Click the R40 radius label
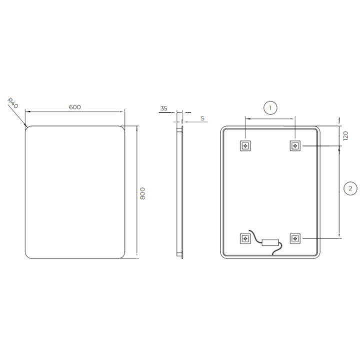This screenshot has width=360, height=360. click(13, 103)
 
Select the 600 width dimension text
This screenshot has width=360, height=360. click(75, 107)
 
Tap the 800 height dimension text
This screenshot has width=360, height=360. click(142, 193)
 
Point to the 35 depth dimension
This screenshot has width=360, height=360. click(163, 108)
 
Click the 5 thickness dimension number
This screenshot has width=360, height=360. click(202, 118)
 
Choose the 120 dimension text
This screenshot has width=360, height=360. click(345, 135)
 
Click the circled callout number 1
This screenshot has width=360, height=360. click(270, 107)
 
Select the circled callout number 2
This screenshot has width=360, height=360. click(350, 188)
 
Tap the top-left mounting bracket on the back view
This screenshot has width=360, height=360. click(245, 146)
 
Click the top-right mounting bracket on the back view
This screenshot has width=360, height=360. click(295, 146)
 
